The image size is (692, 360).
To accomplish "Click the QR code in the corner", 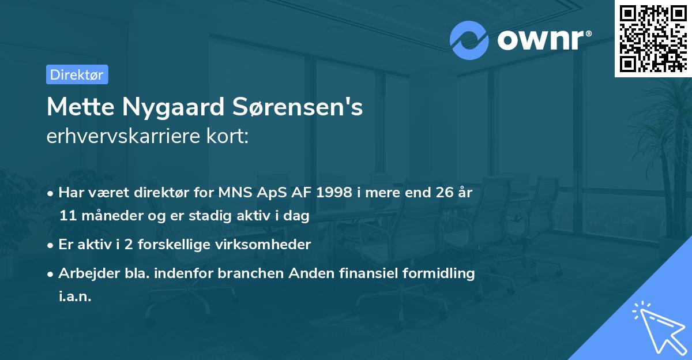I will click(653, 38).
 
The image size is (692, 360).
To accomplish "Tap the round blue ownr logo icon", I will click(469, 40).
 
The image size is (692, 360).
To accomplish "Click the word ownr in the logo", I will click(540, 40).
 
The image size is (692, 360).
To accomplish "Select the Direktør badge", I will click(77, 74).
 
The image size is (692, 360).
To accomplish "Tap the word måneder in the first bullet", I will click(109, 216).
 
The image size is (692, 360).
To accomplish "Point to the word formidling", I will click(440, 273).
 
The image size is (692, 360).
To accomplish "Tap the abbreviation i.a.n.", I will click(75, 297).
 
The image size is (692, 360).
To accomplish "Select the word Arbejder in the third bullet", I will click(84, 273).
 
